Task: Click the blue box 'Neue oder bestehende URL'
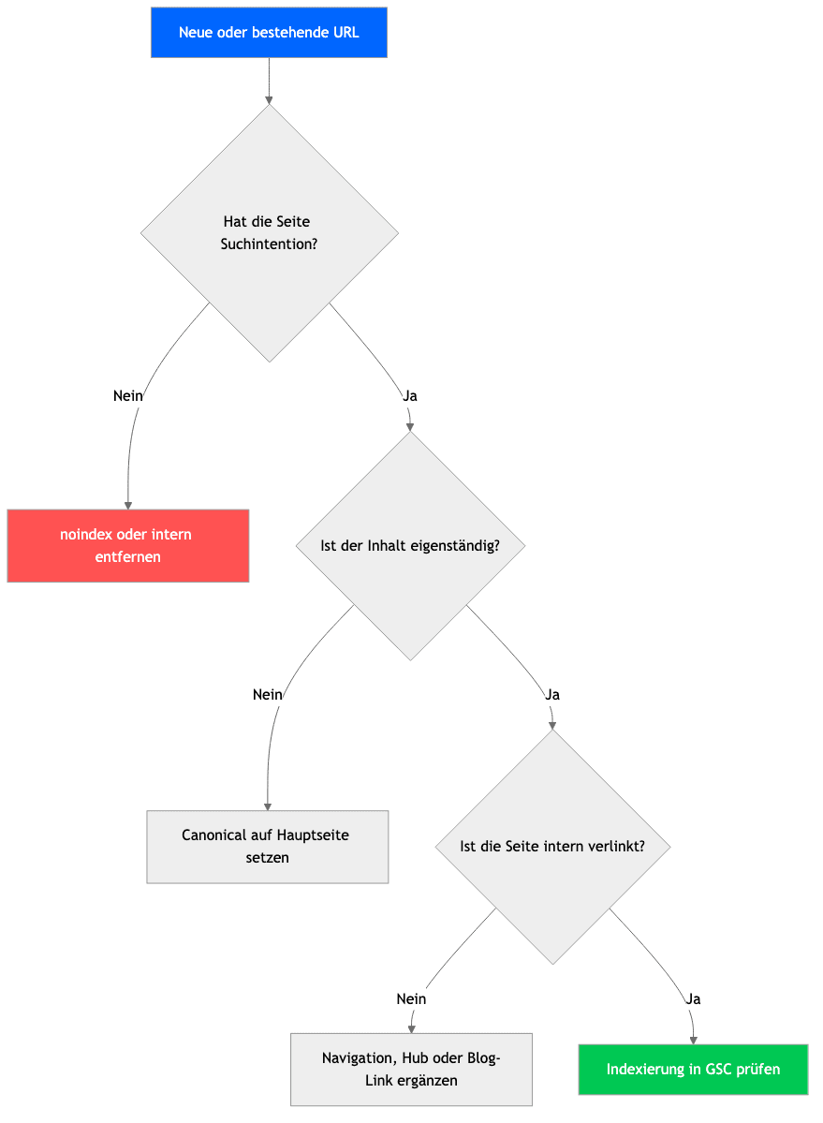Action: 269,32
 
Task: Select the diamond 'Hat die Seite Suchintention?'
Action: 269,233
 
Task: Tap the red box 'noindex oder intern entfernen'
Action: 128,546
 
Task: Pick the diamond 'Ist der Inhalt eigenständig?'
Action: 410,546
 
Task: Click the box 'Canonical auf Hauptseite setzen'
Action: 268,847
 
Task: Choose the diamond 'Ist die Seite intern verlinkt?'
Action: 552,847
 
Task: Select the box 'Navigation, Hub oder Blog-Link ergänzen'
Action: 412,1070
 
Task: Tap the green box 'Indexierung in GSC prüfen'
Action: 693,1070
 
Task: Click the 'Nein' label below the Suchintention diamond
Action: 128,396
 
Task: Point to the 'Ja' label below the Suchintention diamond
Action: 410,396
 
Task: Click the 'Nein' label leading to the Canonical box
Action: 268,695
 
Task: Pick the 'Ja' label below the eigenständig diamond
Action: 552,695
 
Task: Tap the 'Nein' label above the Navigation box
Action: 412,999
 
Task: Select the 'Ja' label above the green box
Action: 693,999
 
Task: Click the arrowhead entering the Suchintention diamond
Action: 269,100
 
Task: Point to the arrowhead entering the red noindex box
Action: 128,506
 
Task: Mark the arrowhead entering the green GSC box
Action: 693,1040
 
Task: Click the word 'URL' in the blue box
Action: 345,32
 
